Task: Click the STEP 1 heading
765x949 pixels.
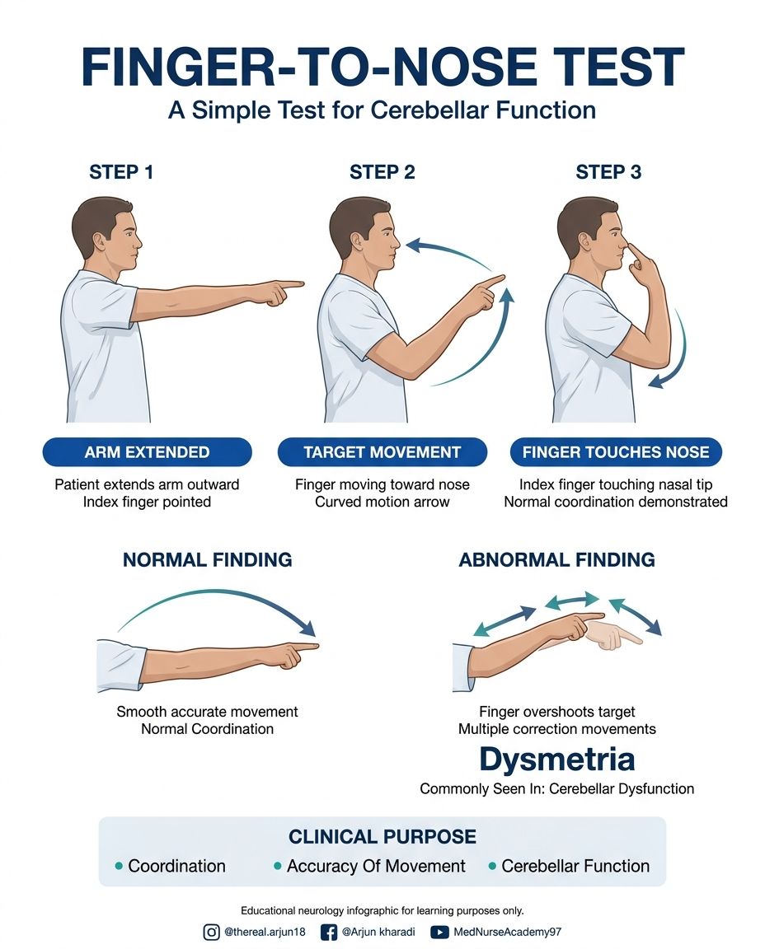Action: (x=121, y=172)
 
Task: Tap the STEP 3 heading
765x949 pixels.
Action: (x=608, y=172)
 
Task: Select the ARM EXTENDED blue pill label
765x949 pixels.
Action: (x=148, y=452)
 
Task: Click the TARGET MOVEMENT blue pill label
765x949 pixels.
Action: (x=382, y=452)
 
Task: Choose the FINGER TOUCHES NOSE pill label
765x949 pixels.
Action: (x=616, y=452)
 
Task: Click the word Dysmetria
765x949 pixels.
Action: (x=556, y=759)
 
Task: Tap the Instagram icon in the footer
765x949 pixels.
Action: (x=211, y=932)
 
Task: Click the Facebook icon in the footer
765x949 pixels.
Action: (x=328, y=932)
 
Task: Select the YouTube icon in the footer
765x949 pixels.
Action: (x=439, y=932)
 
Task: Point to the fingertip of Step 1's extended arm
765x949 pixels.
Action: (x=303, y=283)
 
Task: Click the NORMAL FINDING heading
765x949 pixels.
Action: (x=208, y=560)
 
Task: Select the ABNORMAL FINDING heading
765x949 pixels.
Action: (x=556, y=560)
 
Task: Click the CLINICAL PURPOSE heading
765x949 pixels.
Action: (x=382, y=837)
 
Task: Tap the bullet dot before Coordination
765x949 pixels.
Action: (x=119, y=866)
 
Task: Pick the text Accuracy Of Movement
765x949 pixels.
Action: (x=376, y=866)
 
